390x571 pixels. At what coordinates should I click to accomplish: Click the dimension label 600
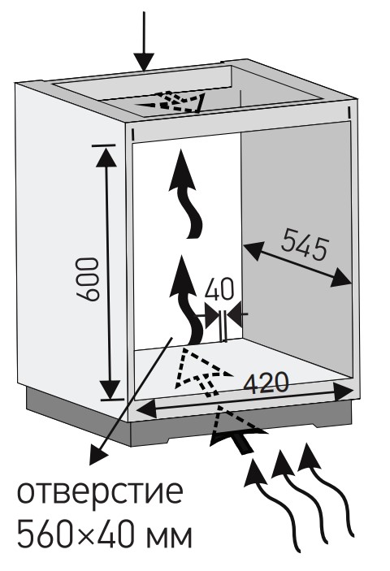click(88, 279)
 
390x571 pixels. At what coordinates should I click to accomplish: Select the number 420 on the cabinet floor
click(266, 383)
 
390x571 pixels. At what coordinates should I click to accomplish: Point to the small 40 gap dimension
click(219, 290)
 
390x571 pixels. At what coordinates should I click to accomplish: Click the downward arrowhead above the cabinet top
click(144, 62)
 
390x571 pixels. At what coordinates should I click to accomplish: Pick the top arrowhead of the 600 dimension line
click(106, 157)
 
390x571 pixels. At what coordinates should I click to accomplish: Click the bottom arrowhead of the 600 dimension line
click(109, 389)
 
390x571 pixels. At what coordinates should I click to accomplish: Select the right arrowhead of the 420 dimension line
click(343, 391)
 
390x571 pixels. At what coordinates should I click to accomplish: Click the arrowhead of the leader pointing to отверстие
click(97, 456)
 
